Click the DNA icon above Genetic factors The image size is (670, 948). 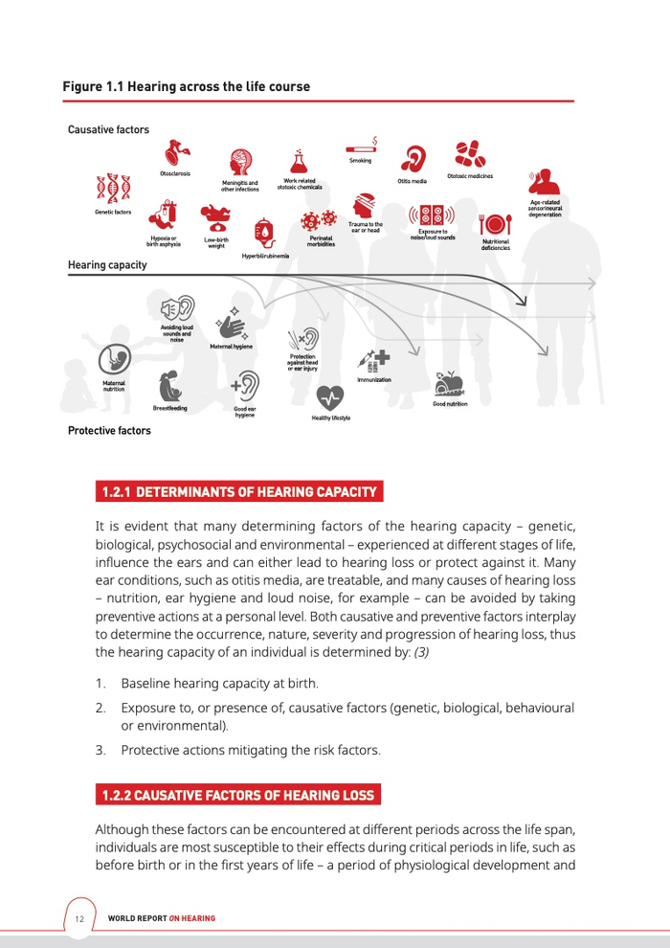(113, 189)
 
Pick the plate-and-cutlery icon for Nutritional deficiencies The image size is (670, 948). (495, 223)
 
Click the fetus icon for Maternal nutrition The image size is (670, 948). (114, 361)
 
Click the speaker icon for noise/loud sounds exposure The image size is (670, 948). (432, 214)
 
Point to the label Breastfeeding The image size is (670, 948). (169, 409)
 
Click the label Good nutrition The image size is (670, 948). (450, 404)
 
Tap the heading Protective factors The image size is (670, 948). (109, 431)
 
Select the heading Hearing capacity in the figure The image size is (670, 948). (107, 264)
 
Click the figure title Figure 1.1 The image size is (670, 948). (186, 87)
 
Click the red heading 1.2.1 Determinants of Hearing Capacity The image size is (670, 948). (239, 492)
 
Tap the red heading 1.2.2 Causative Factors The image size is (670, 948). (238, 795)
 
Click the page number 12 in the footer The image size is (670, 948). (79, 919)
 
